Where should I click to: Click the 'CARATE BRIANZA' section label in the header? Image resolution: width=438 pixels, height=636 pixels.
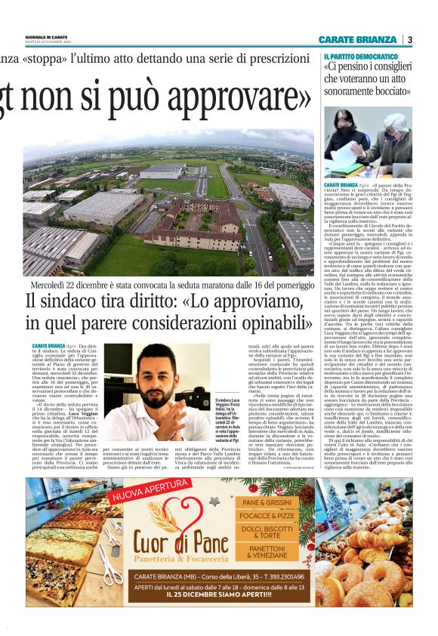(357, 39)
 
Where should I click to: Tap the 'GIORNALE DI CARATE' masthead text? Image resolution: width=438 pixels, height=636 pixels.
(48, 37)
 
